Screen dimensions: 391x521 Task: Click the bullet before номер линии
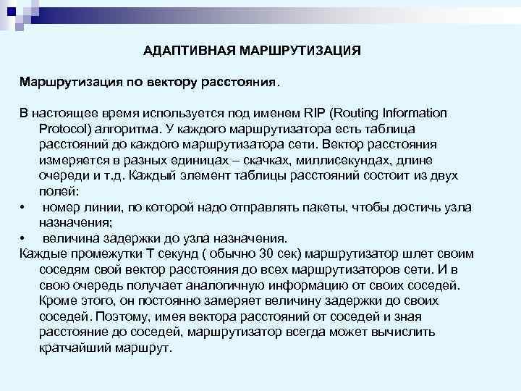[x=23, y=207]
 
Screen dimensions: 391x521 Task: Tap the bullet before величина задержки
[x=23, y=238]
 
